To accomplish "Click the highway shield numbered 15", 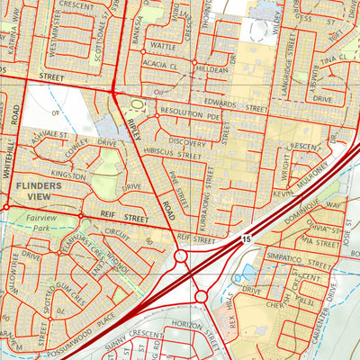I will (x=246, y=239).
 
